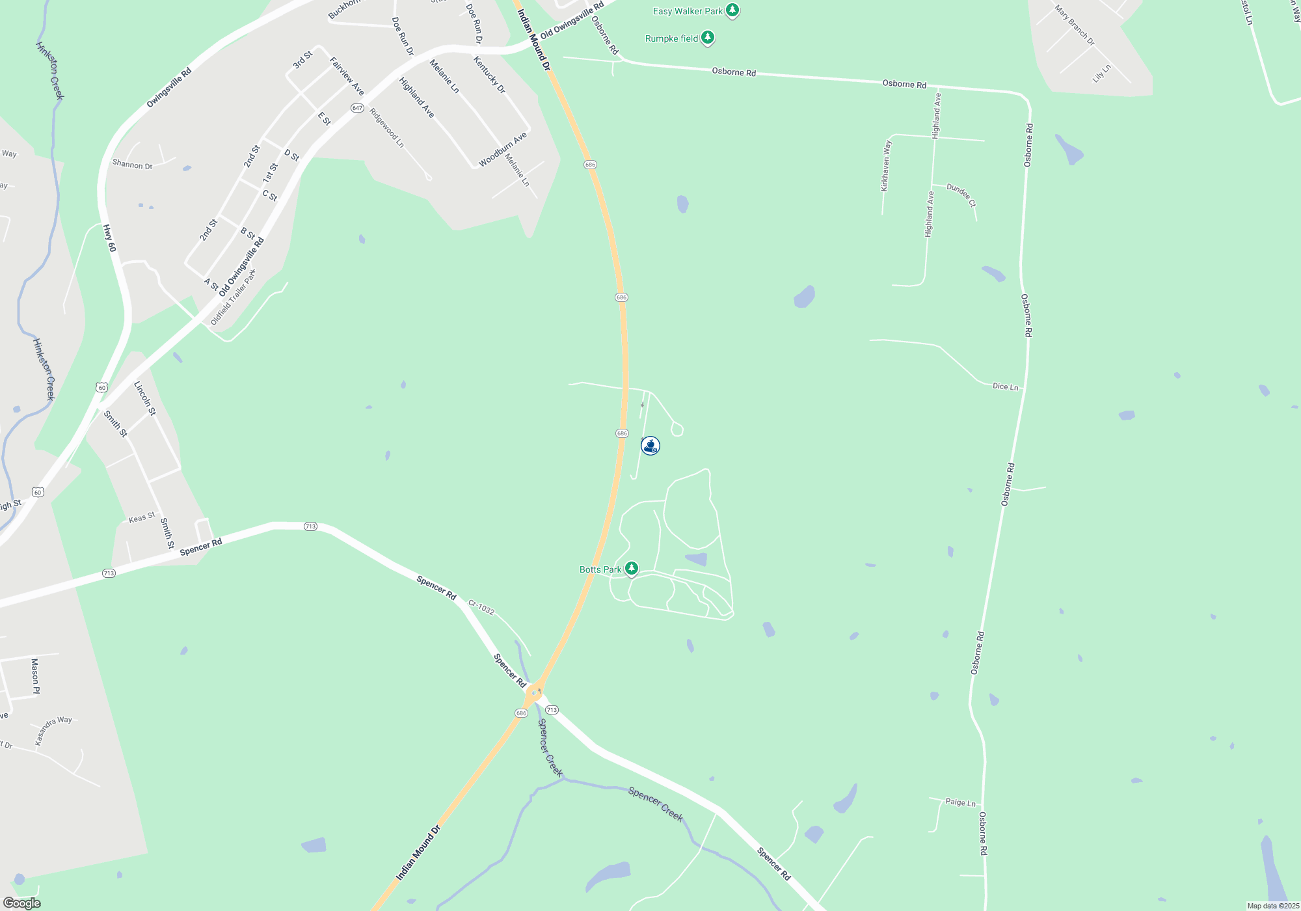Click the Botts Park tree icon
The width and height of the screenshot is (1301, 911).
click(x=631, y=569)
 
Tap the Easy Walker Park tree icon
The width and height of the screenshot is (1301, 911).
click(x=732, y=10)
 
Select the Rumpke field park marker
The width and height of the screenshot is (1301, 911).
click(x=708, y=38)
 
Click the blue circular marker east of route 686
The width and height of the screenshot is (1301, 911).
click(x=650, y=446)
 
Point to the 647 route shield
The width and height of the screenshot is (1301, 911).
click(x=357, y=108)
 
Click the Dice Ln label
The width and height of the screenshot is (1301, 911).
click(x=1005, y=387)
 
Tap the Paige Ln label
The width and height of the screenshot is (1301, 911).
click(x=960, y=802)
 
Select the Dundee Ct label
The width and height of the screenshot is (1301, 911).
click(x=961, y=195)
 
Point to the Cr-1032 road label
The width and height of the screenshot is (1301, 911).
click(x=481, y=608)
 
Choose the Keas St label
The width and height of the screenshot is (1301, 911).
click(x=142, y=518)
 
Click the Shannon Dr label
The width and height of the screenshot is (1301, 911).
click(x=132, y=165)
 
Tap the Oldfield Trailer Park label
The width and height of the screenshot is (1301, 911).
click(x=234, y=297)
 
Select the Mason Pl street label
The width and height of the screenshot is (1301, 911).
click(x=35, y=676)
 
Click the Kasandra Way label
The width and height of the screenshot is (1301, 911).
click(x=53, y=730)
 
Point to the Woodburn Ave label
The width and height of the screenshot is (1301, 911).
click(x=503, y=150)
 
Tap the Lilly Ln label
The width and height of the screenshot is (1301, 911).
click(x=1102, y=74)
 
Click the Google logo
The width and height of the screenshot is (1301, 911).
click(x=21, y=903)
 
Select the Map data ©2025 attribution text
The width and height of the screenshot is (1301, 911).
click(x=1272, y=906)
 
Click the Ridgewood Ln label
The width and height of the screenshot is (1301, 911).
click(x=386, y=128)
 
